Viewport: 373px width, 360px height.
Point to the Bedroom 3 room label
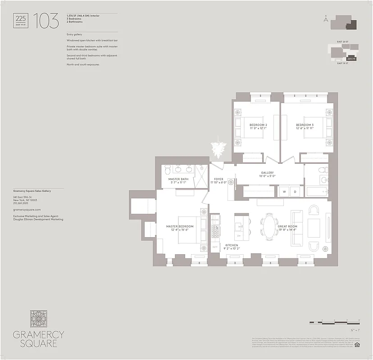click(x=305, y=126)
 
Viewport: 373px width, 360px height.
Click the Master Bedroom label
click(x=180, y=228)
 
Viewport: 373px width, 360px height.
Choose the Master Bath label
click(x=178, y=181)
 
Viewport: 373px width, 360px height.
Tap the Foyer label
click(x=218, y=181)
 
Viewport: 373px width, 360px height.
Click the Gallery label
click(x=267, y=174)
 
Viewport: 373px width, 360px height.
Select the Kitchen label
click(x=232, y=247)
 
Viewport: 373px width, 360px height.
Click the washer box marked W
click(x=284, y=191)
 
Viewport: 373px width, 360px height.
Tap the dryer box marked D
click(x=296, y=191)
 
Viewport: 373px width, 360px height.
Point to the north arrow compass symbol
click(x=325, y=18)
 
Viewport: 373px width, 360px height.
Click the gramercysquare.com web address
click(x=27, y=209)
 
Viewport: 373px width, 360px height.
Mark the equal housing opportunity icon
click(x=357, y=345)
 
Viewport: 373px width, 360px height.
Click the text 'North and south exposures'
click(x=82, y=64)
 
